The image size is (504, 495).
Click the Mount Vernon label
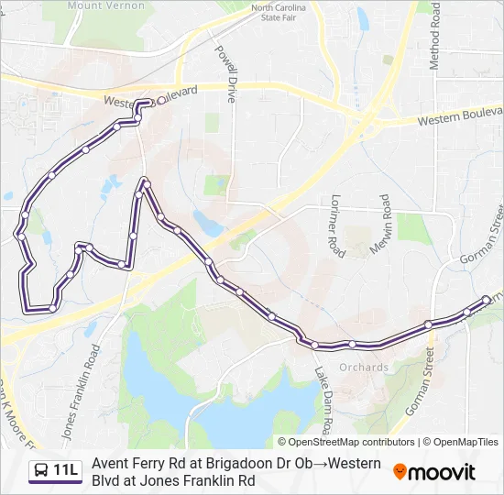(106, 5)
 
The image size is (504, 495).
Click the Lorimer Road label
(336, 225)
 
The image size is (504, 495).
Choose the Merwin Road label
(386, 225)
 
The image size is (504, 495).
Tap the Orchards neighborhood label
(364, 368)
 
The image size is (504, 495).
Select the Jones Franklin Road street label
(80, 389)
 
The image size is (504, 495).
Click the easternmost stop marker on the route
(486, 300)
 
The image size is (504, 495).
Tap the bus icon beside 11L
(41, 471)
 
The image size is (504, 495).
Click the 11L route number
(66, 471)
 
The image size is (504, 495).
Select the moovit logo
(434, 472)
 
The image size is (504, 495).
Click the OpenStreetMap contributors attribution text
(345, 442)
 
